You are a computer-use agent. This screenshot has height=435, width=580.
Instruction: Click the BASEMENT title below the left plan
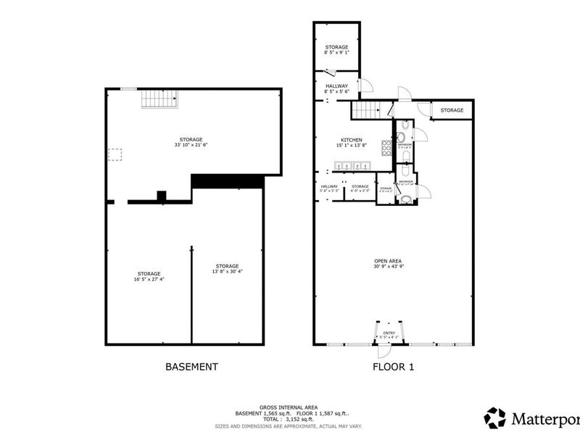pos(191,367)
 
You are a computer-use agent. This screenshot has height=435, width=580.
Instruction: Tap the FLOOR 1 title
pos(393,367)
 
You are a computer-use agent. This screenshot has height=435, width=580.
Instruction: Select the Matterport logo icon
pos(495,417)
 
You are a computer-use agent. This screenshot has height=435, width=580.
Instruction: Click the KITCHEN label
pos(352,140)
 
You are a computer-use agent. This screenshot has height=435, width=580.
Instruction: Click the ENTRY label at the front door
pos(389,333)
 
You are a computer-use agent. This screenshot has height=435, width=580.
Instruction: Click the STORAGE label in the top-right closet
pos(452,110)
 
